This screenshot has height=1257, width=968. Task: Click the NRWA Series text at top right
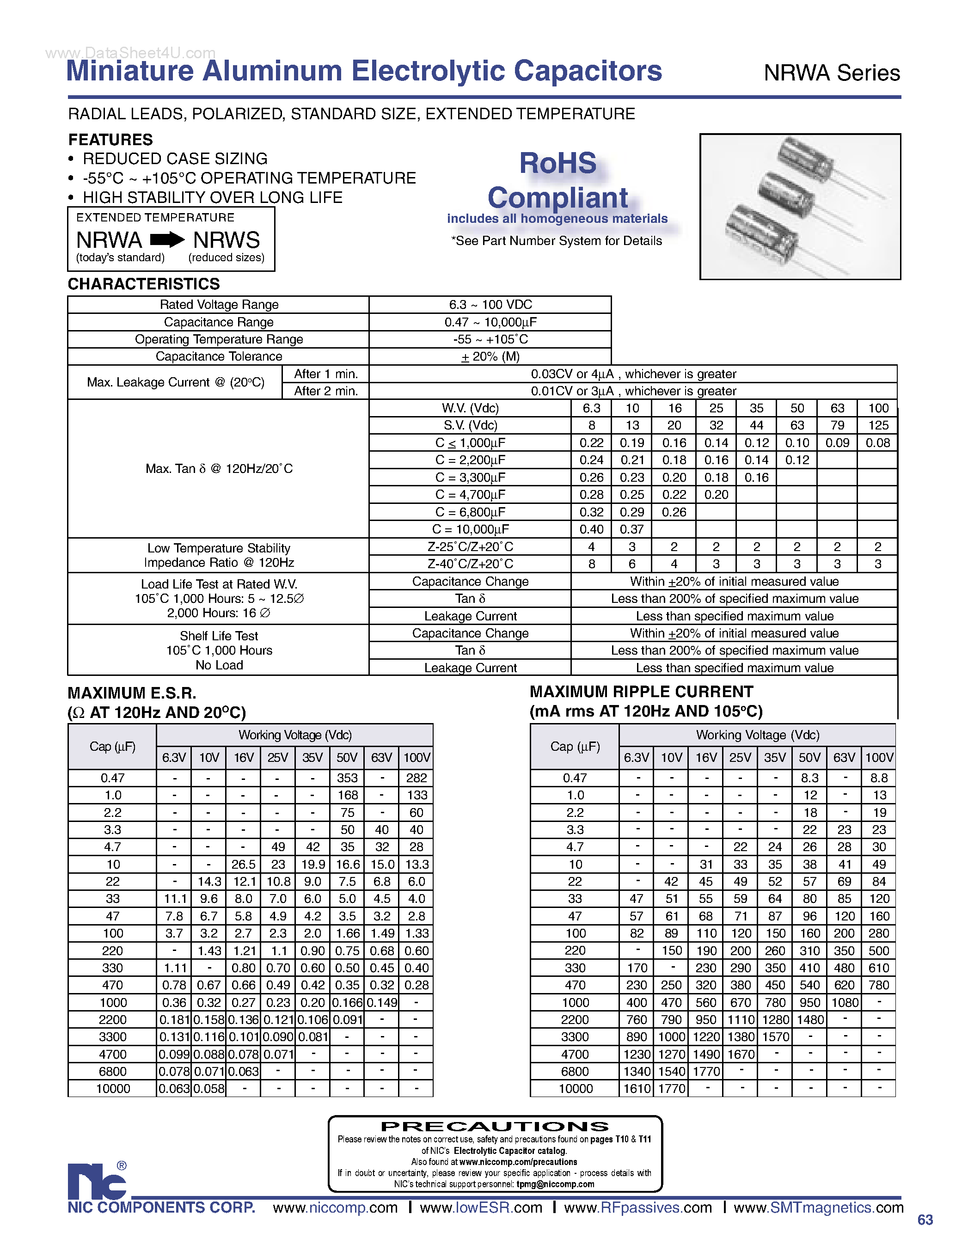tap(831, 73)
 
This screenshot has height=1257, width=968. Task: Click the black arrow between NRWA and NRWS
tap(167, 239)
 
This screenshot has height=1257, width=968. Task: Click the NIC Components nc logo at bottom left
tap(97, 1181)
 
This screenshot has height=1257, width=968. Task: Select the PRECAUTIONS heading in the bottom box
tap(495, 1126)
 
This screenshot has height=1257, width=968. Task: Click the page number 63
tap(925, 1220)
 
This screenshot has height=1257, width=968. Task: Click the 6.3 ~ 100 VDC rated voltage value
tap(490, 305)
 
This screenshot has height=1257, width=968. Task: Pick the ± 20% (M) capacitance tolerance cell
tap(490, 356)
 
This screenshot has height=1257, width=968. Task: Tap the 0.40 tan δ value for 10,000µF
tap(591, 529)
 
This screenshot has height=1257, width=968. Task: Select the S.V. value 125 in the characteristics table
tap(878, 425)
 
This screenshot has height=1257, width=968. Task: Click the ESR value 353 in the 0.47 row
tap(347, 778)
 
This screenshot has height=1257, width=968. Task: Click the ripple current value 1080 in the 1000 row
tap(844, 1002)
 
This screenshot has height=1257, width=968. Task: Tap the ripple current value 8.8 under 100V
tap(878, 778)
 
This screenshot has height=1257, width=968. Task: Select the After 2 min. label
tap(326, 391)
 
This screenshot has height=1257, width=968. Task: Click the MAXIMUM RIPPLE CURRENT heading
tap(641, 691)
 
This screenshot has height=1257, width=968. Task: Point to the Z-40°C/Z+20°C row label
tap(470, 564)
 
